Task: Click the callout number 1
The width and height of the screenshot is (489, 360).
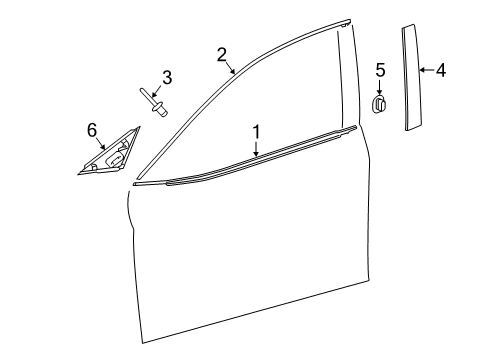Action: click(x=256, y=131)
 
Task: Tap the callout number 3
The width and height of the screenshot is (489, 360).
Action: click(x=167, y=77)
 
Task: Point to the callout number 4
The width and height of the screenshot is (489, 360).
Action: click(x=440, y=70)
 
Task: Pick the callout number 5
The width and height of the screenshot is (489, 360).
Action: click(x=379, y=69)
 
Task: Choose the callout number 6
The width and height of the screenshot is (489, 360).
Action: click(x=92, y=129)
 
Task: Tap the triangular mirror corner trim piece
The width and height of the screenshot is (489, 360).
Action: click(x=106, y=158)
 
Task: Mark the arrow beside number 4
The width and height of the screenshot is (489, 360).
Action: click(x=425, y=70)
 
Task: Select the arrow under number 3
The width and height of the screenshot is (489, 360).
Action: click(x=160, y=93)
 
